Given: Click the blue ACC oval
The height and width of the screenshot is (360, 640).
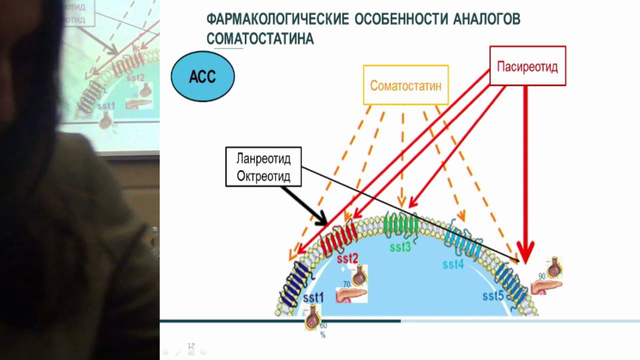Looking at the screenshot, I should click(202, 77).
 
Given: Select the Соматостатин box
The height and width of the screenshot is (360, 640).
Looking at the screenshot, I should click(405, 85).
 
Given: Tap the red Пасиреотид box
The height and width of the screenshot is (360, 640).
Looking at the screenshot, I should click(527, 66).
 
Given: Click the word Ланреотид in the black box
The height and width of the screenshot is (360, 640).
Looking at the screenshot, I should click(263, 159).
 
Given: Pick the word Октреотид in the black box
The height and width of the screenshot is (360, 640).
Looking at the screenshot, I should click(263, 176).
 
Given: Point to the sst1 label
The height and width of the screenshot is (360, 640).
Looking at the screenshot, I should click(313, 298).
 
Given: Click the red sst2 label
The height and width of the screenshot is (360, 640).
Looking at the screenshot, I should click(347, 258).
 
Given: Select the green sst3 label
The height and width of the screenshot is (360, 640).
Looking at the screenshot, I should click(400, 246).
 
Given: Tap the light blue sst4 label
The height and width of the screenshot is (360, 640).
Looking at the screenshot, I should click(453, 264).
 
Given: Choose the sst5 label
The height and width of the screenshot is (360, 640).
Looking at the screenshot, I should click(493, 295).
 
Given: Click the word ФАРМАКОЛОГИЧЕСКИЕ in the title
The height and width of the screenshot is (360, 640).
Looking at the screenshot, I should click(277, 19).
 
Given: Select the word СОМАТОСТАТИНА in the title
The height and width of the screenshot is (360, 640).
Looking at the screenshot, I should click(260, 39).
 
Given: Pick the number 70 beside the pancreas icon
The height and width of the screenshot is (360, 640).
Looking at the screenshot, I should click(346, 284).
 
